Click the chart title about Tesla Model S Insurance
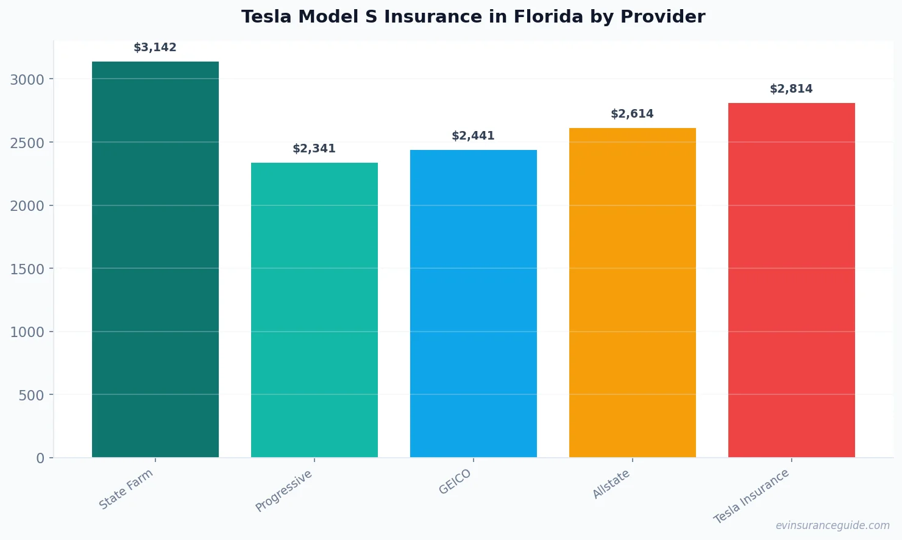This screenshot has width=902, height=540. tap(473, 17)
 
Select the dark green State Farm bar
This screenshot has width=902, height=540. tap(155, 259)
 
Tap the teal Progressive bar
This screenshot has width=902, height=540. tap(314, 310)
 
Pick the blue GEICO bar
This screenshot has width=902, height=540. tap(474, 304)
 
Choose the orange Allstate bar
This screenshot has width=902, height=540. tap(633, 293)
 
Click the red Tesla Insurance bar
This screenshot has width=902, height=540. tap(792, 280)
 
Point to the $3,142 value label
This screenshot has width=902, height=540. tap(155, 48)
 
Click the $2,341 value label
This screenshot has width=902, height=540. tap(314, 149)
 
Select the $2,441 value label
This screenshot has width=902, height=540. tap(474, 136)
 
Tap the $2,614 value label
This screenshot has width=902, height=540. tap(633, 114)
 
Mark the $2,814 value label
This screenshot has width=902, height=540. tap(792, 89)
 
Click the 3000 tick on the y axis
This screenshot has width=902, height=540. tap(27, 80)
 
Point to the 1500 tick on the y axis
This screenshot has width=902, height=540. tap(27, 269)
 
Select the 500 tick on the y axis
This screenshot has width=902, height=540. tap(32, 396)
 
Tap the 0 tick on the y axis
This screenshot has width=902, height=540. tap(40, 458)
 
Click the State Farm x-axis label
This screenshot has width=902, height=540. tap(126, 489)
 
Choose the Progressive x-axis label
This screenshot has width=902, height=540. tap(284, 491)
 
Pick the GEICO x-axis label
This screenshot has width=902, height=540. tap(455, 482)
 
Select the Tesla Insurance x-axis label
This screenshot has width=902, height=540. tap(751, 496)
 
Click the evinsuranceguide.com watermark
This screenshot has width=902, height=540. tap(833, 525)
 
